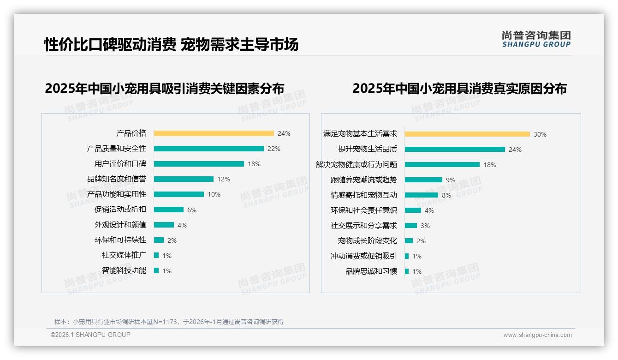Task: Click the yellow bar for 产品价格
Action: point(214,133)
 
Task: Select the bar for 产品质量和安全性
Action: point(208,149)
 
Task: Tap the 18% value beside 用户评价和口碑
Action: point(254,164)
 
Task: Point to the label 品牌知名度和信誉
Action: point(117,179)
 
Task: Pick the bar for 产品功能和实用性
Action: point(178,194)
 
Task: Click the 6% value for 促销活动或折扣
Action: point(192,210)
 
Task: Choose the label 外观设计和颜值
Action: point(120,225)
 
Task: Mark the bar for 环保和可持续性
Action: point(159,240)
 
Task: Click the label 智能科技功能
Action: point(124,270)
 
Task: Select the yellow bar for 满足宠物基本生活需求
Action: point(467,134)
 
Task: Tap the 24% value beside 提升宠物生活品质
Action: point(515,150)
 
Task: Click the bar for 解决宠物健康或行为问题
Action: point(442,165)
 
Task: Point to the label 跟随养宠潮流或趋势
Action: point(364,180)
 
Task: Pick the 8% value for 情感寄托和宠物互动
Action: point(446,195)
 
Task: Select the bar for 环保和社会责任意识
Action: point(413,210)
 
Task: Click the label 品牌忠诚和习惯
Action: point(371,271)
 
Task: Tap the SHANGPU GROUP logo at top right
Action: point(536,39)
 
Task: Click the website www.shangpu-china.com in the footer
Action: point(537,335)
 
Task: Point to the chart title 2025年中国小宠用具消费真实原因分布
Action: point(459,88)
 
